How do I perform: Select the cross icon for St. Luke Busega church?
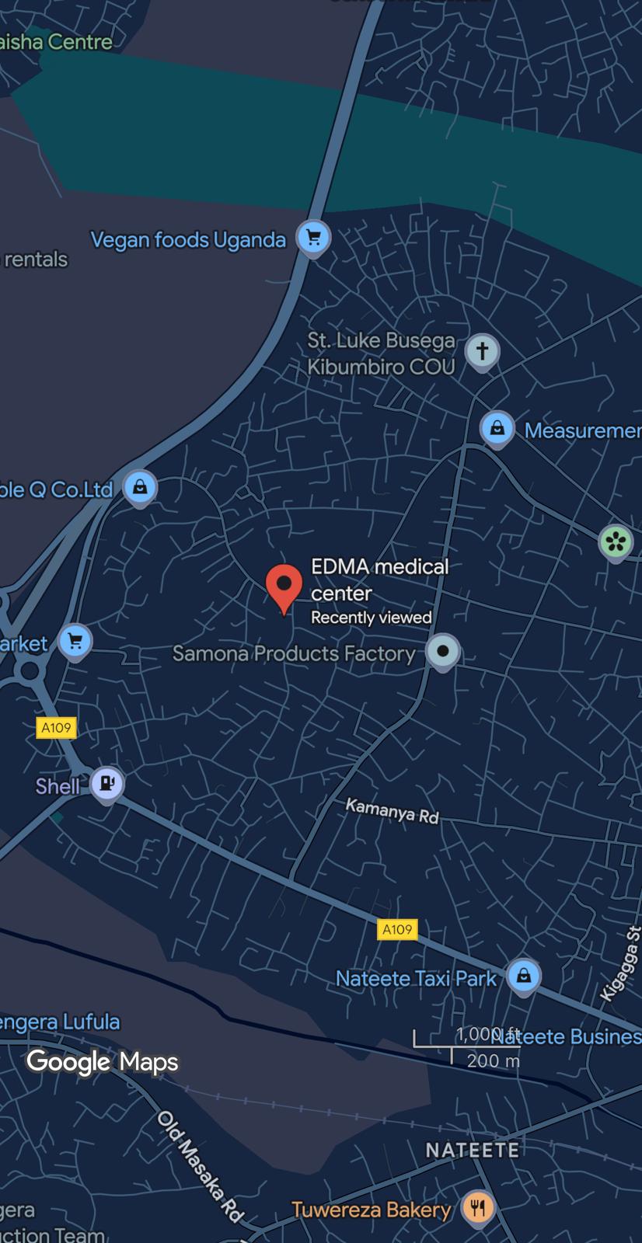482,350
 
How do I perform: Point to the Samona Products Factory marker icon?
443,651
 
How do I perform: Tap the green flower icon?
616,541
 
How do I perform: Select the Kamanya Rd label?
392,811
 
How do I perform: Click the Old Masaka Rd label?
201,1166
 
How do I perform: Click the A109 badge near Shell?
56,728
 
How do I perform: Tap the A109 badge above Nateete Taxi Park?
397,929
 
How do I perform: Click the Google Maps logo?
103,1061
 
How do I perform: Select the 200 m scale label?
493,1060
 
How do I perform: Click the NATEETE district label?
472,1150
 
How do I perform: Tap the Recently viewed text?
371,618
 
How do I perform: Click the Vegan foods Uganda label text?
188,239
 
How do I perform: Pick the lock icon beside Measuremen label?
497,428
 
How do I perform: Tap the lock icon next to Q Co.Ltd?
140,487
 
